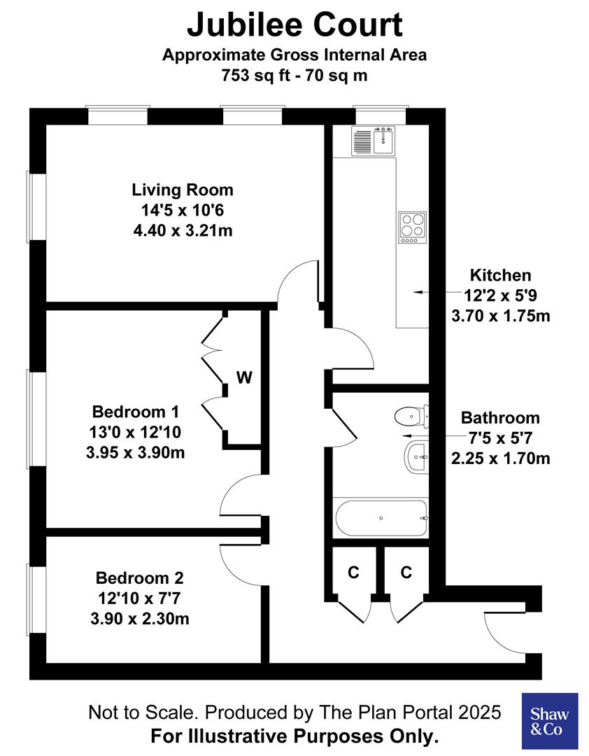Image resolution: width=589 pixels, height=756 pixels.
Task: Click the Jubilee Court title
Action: [294, 25]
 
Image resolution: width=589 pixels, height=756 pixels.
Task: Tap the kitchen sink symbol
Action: [374, 141]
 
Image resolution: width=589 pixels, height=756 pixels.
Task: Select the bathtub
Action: [382, 518]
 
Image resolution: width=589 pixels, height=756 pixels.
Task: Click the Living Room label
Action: [183, 190]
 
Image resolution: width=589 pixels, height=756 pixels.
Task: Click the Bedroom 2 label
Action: [139, 578]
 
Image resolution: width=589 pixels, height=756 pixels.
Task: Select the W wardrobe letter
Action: [243, 378]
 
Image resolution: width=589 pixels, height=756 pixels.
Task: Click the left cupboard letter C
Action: [354, 573]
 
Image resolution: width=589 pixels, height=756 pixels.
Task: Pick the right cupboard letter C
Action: [406, 573]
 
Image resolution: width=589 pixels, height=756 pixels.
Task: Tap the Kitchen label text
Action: [500, 275]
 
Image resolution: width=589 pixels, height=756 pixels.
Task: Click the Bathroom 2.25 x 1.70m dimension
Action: [500, 459]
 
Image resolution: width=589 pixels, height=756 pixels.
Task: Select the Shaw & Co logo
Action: [550, 720]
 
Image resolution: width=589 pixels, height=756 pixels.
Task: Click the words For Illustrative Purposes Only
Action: [294, 736]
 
